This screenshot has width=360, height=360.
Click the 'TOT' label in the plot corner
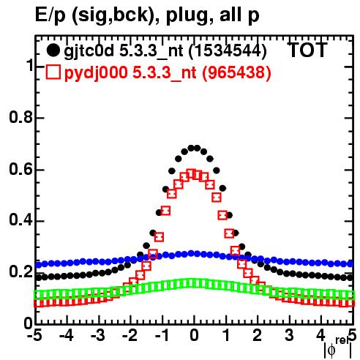[x=307, y=50]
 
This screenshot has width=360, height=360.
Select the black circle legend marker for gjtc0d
[x=53, y=50]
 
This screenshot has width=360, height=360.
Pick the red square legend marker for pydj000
[x=53, y=72]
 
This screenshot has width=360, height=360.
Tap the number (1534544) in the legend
[x=228, y=51]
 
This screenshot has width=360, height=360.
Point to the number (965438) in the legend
[x=236, y=72]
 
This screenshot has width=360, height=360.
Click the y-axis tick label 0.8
[x=20, y=117]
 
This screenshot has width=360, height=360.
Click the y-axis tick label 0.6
[x=20, y=169]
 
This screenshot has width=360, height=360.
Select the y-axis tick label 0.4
[x=20, y=220]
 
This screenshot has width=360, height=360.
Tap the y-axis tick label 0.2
[x=20, y=272]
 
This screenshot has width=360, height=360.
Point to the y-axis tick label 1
[x=29, y=66]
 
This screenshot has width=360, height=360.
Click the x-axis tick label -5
[x=35, y=336]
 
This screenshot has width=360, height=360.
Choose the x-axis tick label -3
[x=98, y=336]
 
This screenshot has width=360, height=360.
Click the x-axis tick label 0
[x=194, y=336]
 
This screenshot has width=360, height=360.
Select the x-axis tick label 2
[x=258, y=336]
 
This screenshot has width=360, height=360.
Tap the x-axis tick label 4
[x=320, y=336]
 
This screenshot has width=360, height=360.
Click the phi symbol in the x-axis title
[x=331, y=350]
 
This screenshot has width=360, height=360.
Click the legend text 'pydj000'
[x=96, y=73]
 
